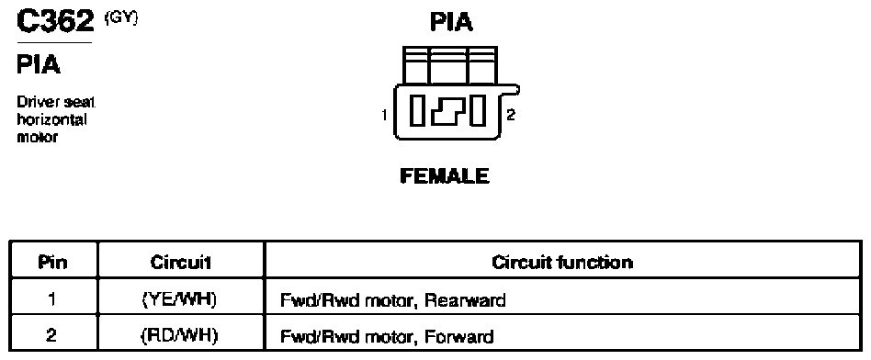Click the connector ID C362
click(x=54, y=22)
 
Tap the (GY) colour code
click(x=120, y=17)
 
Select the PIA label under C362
click(x=39, y=65)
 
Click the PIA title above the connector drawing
click(x=451, y=22)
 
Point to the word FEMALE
click(x=445, y=176)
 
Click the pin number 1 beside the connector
click(x=384, y=115)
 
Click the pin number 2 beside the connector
click(x=511, y=115)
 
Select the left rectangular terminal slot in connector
click(x=417, y=110)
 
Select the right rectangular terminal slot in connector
click(x=478, y=110)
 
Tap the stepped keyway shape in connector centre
click(x=447, y=110)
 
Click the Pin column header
click(x=53, y=262)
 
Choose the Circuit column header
click(x=180, y=263)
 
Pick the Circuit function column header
click(x=562, y=262)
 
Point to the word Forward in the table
click(x=458, y=336)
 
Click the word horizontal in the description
click(x=51, y=119)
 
